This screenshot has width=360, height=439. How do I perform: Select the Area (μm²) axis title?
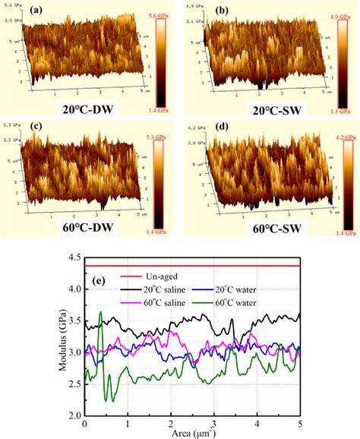(x=192, y=433)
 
